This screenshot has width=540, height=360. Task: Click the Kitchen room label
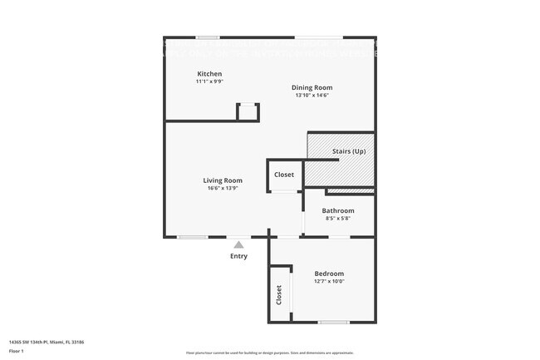coord(209,74)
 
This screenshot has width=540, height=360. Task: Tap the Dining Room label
coord(312,87)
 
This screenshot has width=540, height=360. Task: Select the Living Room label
coord(223,180)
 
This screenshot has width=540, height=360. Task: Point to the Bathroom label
coord(338,210)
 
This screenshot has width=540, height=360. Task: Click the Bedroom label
coord(329,274)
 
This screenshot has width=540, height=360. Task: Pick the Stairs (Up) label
coord(348,151)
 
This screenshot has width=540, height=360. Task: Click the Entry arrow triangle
coord(238,244)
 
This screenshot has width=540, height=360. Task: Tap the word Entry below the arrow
coord(238,256)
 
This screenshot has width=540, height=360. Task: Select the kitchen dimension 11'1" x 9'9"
coord(209,81)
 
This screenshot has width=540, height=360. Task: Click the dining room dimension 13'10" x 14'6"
coord(312,95)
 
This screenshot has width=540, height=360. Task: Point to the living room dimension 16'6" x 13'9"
coord(223,188)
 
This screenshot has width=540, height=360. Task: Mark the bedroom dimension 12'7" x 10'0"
coord(329,281)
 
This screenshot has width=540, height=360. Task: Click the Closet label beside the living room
coord(284,175)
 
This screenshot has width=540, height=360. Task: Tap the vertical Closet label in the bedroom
coord(279,294)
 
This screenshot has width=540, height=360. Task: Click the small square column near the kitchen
coord(248,111)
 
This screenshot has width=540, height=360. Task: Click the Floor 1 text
coord(17,351)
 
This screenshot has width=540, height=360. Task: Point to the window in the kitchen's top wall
coord(208,37)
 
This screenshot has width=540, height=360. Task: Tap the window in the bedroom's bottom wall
coord(333,322)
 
